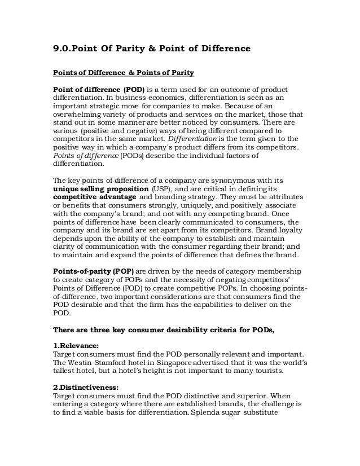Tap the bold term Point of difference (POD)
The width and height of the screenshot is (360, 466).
click(99, 91)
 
